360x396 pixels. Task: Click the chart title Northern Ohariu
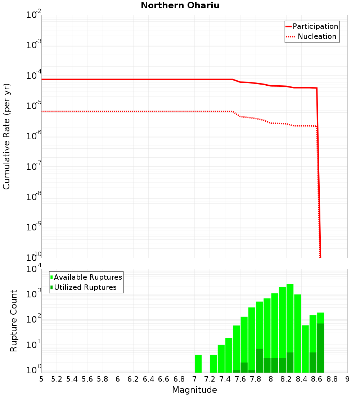pos(180,6)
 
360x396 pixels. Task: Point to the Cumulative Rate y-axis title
pos(6,136)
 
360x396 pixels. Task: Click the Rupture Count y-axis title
pos(14,320)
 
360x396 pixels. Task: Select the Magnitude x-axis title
pos(194,390)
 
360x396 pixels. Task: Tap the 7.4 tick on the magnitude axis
pos(225,379)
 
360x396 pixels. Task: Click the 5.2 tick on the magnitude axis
pos(57,379)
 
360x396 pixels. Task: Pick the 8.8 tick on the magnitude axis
pos(332,379)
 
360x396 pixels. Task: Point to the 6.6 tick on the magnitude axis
pos(164,379)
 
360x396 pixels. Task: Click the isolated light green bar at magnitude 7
pos(198,364)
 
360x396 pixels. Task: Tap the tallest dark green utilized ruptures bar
pos(320,348)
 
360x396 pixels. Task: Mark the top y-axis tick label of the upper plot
pos(34,15)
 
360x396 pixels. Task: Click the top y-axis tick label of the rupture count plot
pos(34,269)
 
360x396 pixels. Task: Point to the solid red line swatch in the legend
pos(289,26)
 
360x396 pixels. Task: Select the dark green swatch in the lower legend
pos(52,287)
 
